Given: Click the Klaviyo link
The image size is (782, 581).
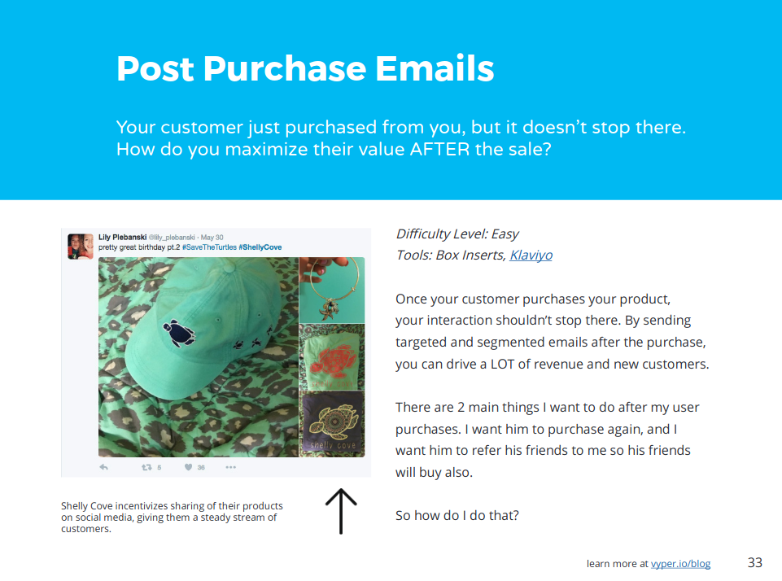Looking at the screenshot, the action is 531,256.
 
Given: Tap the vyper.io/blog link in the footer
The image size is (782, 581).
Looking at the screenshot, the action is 681,564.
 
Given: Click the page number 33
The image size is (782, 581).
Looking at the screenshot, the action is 755,562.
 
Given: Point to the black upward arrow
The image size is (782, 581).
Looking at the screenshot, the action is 341,511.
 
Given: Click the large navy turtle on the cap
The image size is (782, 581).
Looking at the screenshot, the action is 179,333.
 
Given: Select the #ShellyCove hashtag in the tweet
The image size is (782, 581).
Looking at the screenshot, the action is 260,247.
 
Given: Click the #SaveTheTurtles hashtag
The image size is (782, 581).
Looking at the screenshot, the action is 209,247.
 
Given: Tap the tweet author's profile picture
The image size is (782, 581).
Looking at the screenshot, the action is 81,247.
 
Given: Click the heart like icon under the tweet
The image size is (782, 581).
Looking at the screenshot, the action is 188,467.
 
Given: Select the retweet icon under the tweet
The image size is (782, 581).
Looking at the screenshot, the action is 146,467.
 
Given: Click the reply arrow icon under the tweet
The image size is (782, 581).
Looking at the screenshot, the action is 103,467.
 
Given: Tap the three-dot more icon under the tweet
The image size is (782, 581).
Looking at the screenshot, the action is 230,467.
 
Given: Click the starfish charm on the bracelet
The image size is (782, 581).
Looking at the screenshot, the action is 328,309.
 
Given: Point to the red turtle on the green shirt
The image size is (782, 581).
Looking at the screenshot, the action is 334,360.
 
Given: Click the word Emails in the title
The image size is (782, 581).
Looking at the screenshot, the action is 435,68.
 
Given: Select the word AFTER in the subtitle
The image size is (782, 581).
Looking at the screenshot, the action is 440,149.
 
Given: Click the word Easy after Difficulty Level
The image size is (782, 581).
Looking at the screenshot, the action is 505,234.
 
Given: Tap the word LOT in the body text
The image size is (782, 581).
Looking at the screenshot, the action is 502,364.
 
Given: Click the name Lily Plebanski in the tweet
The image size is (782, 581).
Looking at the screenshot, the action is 122,238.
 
